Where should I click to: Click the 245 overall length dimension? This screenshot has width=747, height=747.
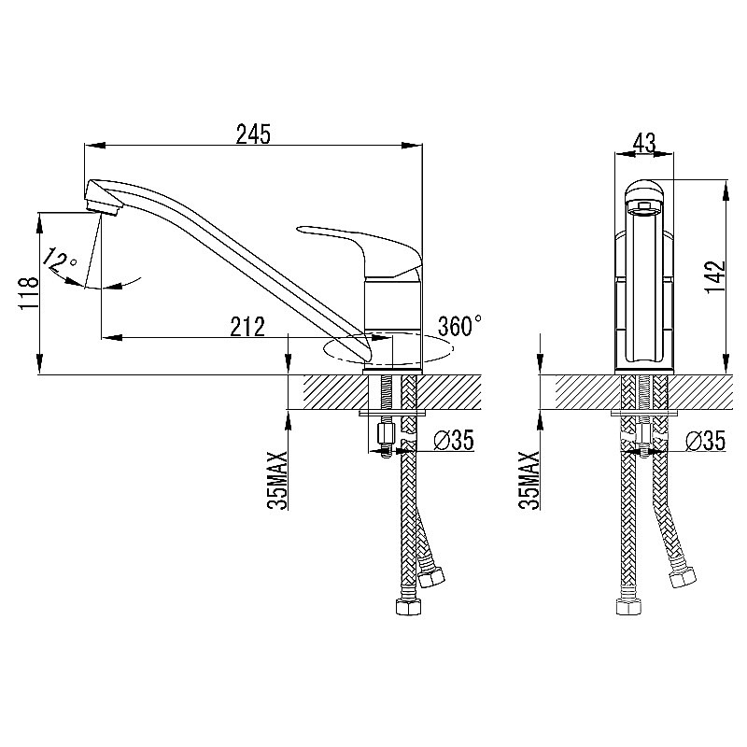(x=253, y=134)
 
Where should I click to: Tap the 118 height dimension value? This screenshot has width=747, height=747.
(x=28, y=293)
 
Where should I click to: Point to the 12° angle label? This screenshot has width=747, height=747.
(x=60, y=261)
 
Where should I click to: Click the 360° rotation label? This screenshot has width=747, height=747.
(x=459, y=326)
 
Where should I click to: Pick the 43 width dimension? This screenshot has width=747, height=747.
(x=644, y=143)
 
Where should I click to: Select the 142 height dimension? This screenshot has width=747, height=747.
(x=715, y=277)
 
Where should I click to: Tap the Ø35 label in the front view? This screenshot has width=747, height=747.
(x=705, y=440)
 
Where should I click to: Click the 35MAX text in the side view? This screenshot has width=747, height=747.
(x=277, y=480)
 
